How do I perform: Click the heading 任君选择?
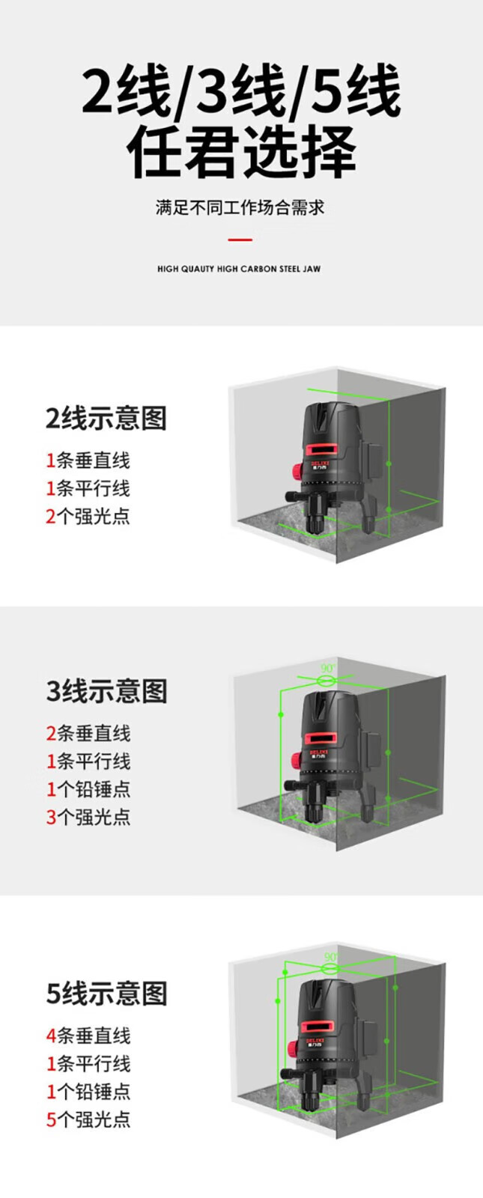[241, 152]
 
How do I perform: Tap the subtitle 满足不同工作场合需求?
[240, 207]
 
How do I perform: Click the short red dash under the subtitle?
[240, 240]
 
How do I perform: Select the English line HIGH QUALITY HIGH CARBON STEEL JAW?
[239, 269]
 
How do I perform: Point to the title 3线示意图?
[106, 691]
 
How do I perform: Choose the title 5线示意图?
[106, 994]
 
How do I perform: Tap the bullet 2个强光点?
[88, 516]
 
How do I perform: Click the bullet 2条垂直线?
[88, 733]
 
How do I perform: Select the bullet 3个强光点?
[88, 816]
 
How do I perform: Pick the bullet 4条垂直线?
[88, 1036]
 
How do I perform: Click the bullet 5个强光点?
[88, 1119]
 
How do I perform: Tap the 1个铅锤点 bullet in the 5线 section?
[88, 1091]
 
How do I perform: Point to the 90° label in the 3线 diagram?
[328, 668]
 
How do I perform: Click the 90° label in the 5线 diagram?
[331, 957]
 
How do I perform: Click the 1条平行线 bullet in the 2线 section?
[88, 488]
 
